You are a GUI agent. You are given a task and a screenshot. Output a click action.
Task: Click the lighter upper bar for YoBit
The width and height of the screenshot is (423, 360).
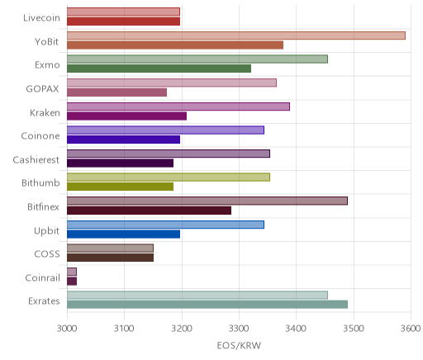[x=236, y=36]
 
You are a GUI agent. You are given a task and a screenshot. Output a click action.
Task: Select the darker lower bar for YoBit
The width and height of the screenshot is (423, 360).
[x=175, y=45]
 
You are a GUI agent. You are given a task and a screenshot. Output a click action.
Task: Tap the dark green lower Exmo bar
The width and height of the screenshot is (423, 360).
[x=159, y=69]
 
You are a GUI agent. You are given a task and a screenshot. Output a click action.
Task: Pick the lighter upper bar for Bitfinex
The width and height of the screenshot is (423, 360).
[x=207, y=201]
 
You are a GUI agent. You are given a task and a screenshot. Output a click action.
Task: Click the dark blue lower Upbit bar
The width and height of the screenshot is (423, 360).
[x=123, y=234]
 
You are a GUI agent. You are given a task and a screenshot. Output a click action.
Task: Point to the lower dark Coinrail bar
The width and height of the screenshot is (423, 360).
[x=72, y=282]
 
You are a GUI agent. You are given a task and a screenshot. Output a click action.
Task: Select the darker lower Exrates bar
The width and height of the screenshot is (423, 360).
[x=207, y=305]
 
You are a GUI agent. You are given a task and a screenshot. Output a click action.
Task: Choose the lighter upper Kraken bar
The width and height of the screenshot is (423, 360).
[x=178, y=107]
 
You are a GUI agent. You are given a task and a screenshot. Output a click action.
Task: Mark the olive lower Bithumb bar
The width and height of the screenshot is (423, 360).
[x=120, y=187]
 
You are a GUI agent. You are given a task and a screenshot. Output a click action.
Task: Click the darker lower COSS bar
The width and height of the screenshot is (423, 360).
[x=110, y=258]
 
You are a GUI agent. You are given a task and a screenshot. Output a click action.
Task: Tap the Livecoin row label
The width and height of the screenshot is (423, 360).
[x=41, y=18]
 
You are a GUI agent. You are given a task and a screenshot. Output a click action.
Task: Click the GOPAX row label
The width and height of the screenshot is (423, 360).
[x=42, y=89]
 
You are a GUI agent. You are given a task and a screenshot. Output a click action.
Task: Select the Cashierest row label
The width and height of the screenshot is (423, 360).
[x=36, y=160]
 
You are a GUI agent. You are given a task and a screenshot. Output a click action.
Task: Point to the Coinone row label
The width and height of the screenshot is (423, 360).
[x=40, y=136]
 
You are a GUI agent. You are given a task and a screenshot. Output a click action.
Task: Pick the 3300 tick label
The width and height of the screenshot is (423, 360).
[x=239, y=329]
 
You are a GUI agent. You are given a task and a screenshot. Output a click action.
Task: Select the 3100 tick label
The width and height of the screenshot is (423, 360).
[x=124, y=329]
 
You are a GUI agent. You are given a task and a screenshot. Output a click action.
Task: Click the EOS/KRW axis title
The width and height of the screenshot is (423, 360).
[x=239, y=345]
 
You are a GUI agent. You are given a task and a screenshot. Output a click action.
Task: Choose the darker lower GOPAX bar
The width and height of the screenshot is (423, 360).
[x=116, y=92]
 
